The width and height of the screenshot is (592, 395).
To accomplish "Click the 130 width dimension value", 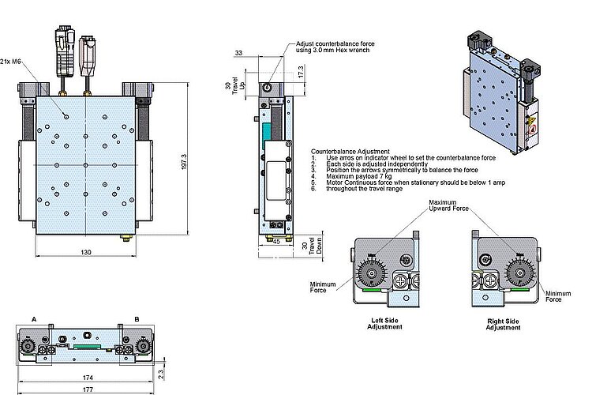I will [85, 251].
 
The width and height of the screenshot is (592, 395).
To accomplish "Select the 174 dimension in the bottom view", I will [86, 377].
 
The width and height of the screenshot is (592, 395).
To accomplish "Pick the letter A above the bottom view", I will [33, 318].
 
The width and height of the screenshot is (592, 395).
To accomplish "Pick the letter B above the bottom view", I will [137, 318].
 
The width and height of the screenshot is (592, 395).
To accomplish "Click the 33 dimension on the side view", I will [239, 54].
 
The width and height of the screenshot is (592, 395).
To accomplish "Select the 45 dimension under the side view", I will [276, 243].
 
